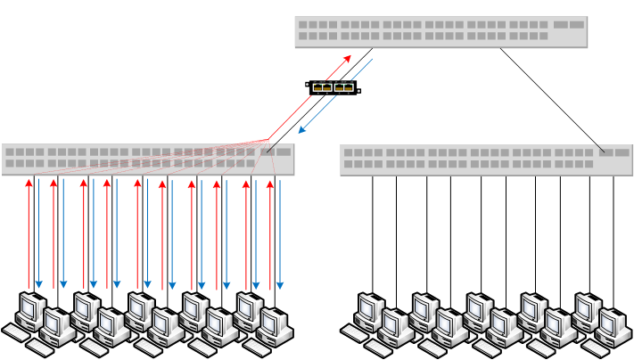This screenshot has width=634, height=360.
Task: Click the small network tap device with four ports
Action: (333, 87)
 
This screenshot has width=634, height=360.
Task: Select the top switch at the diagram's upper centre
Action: (441, 31)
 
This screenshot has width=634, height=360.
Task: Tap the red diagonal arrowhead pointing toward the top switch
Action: (348, 58)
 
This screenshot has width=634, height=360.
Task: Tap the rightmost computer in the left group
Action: (275, 328)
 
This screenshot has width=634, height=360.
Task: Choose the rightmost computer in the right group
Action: (613, 328)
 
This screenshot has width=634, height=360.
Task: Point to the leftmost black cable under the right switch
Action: (373, 232)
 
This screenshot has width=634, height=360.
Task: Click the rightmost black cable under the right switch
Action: (613, 232)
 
